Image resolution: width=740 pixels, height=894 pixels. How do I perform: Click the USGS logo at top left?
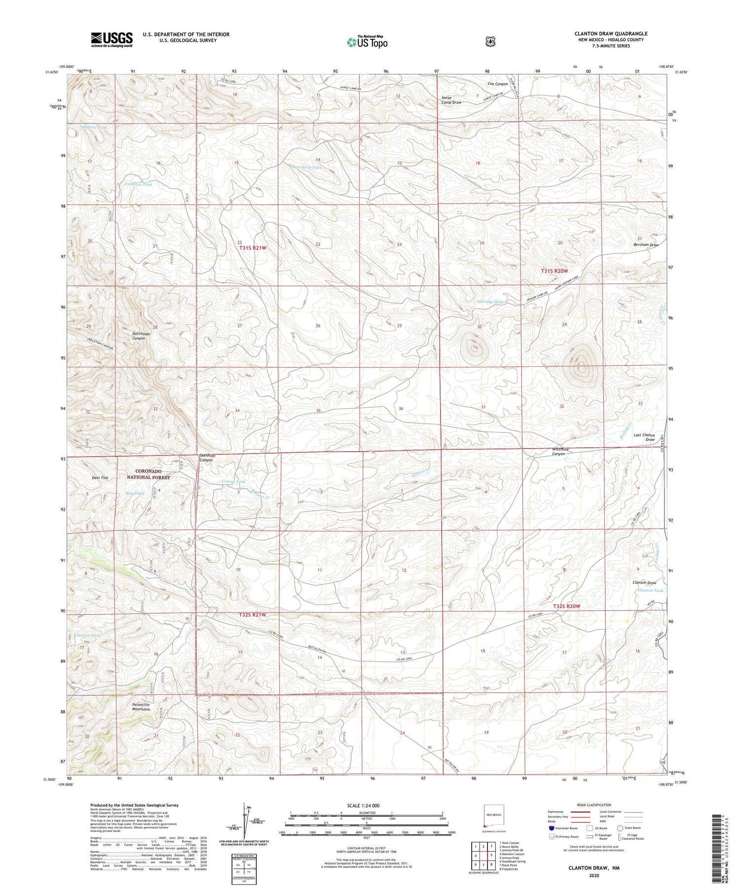coord(111,39)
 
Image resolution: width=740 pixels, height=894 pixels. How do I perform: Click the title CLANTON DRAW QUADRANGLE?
coord(611,34)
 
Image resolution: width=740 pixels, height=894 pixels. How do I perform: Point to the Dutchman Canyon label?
coord(141,336)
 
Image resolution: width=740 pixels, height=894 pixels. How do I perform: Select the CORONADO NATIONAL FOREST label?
coord(148,474)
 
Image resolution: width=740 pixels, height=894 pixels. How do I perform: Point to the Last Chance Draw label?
coord(644,437)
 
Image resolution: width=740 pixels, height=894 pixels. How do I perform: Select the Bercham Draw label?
coord(646,245)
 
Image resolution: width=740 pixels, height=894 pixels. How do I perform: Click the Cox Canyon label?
coord(497,84)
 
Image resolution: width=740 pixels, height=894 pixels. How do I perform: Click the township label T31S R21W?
coord(253,248)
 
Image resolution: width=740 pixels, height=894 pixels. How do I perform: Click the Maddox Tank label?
coord(94,127)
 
